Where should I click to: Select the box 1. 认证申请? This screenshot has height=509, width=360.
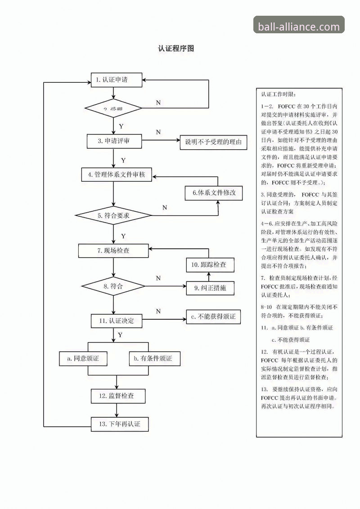(x=117, y=80)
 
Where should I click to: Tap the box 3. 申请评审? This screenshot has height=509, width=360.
(x=114, y=141)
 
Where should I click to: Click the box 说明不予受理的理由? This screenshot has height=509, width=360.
(x=213, y=143)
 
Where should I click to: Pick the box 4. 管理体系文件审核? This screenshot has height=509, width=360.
(x=116, y=174)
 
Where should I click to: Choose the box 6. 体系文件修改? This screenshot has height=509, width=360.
(x=214, y=193)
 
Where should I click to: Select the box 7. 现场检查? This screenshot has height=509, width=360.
(x=113, y=250)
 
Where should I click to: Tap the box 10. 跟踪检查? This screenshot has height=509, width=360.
(x=211, y=265)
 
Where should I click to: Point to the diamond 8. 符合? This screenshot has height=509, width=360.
(x=113, y=286)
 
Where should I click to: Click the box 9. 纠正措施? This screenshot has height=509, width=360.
(x=211, y=288)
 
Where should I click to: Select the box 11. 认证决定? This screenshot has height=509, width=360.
(x=116, y=321)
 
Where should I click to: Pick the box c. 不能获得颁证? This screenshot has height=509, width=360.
(x=213, y=317)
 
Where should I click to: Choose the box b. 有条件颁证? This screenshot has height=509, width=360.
(x=153, y=358)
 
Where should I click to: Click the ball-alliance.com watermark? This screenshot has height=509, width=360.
(x=299, y=27)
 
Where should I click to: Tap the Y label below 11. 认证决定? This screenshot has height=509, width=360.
(x=120, y=335)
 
